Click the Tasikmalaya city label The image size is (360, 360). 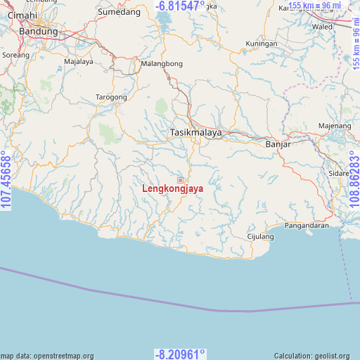tap(196, 132)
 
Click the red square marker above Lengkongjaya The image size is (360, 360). tap(180, 181)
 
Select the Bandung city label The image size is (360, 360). tap(38, 32)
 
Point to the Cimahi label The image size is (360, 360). tap(22, 15)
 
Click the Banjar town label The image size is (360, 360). tap(278, 144)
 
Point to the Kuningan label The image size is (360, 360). tap(262, 44)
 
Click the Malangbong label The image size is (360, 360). tap(162, 63)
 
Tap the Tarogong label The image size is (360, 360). tap(111, 97)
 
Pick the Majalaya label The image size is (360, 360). tap(79, 61)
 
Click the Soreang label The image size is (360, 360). tap(16, 54)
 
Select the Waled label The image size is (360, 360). tap(322, 27)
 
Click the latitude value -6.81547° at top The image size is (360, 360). tap(180, 6)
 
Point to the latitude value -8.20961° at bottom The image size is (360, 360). tap(180, 354)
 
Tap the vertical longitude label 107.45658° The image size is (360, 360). tap(7, 180)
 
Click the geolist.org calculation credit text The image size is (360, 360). tap(316, 356)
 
